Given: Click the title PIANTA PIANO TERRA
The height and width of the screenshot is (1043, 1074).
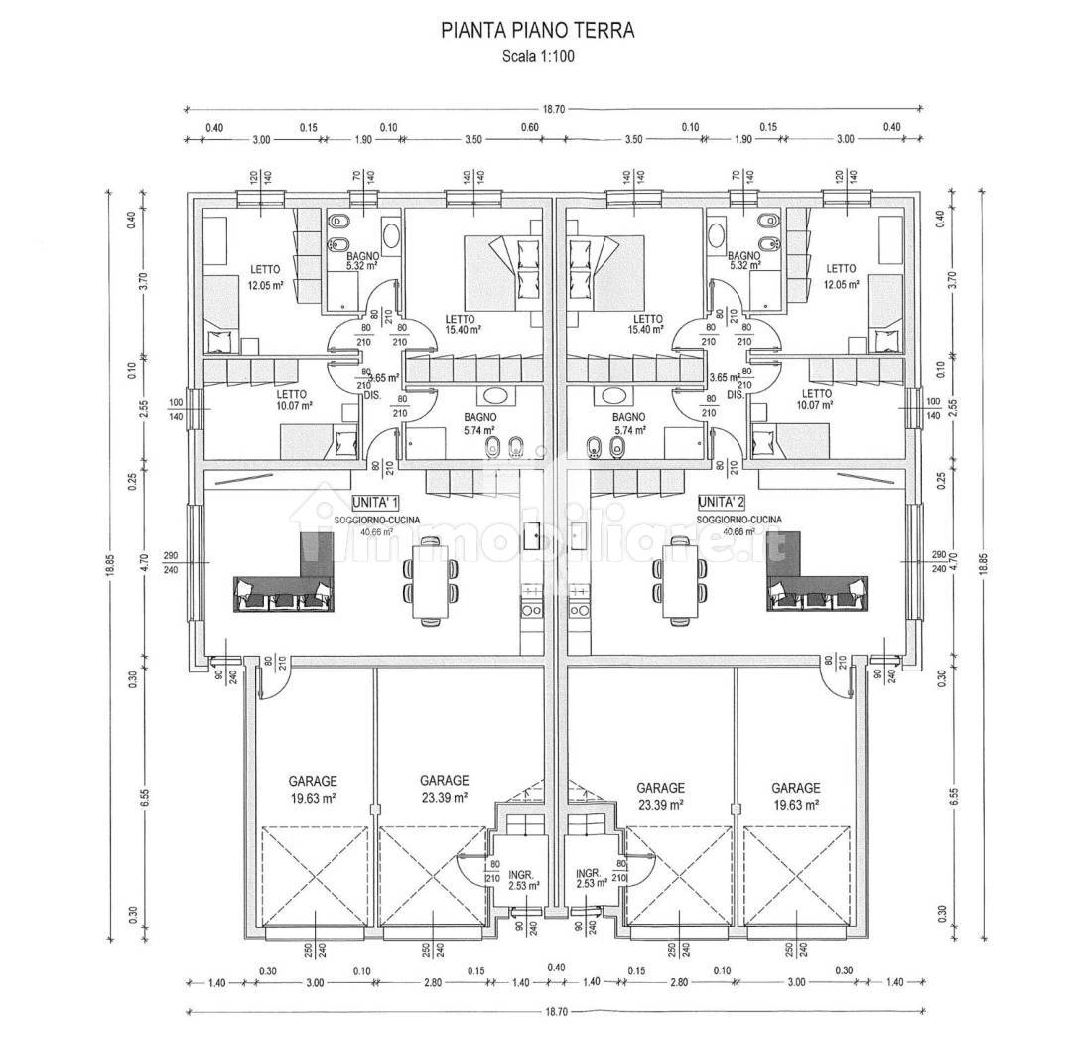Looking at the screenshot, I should (537, 30).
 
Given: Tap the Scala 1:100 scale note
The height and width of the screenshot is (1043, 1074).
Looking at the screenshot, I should (537, 56).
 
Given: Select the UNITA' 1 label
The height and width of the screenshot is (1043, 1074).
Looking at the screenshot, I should (375, 502).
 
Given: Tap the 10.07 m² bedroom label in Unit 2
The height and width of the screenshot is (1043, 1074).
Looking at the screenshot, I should (817, 398).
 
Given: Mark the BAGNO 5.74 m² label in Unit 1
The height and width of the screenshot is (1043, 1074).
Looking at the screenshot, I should (483, 424).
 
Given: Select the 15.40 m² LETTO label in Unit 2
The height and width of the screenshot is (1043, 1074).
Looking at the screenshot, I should (650, 323).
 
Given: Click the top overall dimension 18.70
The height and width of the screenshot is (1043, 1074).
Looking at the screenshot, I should (555, 110).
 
